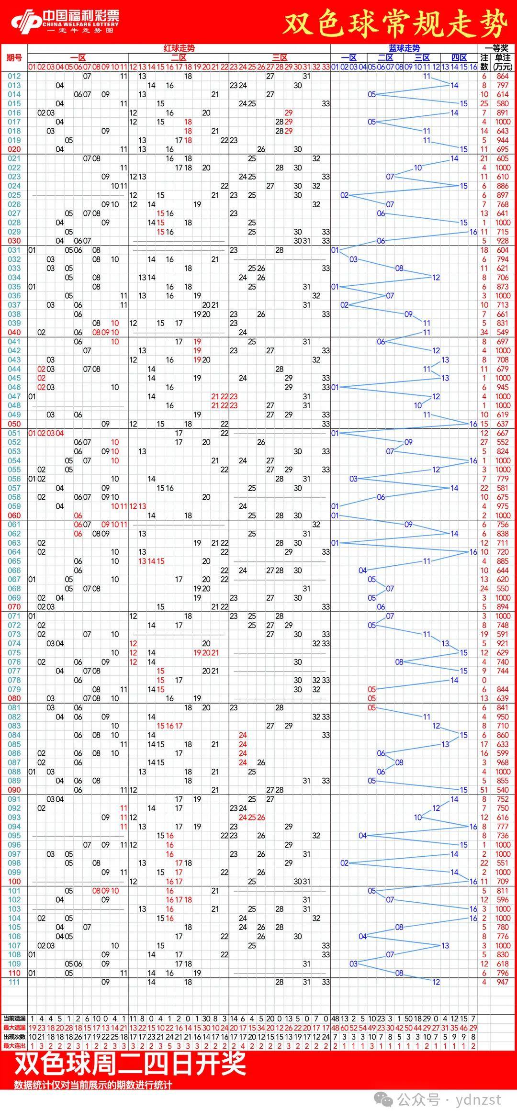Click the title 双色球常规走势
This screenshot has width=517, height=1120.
395,23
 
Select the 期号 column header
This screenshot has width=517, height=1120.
14,58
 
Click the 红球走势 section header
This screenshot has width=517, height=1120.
179,48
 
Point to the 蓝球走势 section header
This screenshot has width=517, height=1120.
404,48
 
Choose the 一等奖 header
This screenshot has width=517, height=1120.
496,48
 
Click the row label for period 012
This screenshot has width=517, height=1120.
14,76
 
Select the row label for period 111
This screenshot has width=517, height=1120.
14,982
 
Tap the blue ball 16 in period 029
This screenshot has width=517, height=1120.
473,232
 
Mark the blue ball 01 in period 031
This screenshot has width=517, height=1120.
335,250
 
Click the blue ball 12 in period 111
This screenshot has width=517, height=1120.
436,982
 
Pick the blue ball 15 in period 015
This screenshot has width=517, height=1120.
463,103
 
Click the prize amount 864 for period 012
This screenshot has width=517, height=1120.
503,76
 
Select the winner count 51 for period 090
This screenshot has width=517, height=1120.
484,790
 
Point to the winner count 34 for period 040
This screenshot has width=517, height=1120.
484,332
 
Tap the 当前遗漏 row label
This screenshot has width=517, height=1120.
14,1019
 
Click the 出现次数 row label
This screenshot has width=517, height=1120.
14,1037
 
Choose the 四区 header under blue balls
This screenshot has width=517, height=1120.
459,58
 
